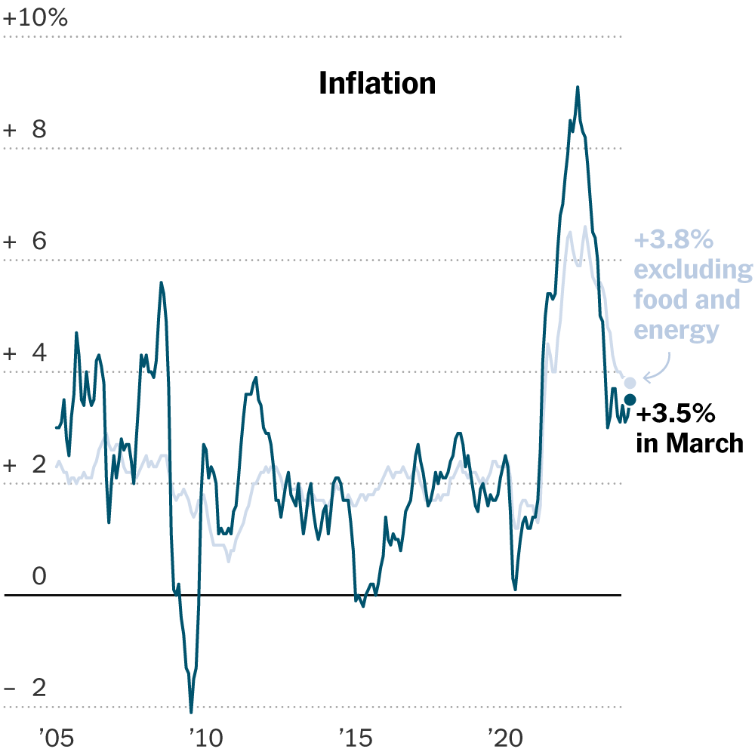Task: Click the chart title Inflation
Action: pyautogui.click(x=377, y=83)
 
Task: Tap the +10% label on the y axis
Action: pyautogui.click(x=35, y=18)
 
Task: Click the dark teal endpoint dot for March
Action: pyautogui.click(x=630, y=399)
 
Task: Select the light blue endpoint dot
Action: pyautogui.click(x=630, y=383)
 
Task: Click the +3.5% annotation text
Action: pyautogui.click(x=675, y=414)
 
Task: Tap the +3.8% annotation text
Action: pyautogui.click(x=673, y=241)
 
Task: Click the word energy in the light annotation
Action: pyautogui.click(x=676, y=330)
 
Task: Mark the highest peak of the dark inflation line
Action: pyautogui.click(x=578, y=88)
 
